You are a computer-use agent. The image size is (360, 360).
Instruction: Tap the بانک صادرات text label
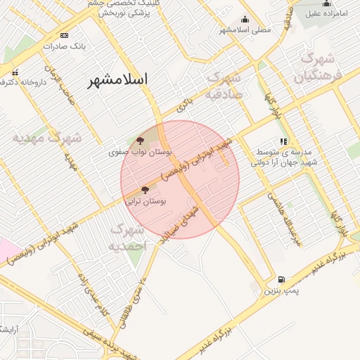64,46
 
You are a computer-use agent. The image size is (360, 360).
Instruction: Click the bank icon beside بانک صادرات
65,35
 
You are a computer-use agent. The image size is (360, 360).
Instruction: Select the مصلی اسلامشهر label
244,30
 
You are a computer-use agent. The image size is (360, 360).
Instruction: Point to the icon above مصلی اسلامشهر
244,19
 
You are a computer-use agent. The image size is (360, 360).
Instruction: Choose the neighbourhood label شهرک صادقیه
224,84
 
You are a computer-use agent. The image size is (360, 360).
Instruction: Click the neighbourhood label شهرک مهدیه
45,138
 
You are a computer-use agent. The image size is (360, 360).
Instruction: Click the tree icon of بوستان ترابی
145,189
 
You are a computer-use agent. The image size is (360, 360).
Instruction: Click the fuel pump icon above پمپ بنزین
282,279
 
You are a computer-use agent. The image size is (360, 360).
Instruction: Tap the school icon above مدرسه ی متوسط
283,141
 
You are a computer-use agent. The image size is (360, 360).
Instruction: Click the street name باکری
184,106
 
